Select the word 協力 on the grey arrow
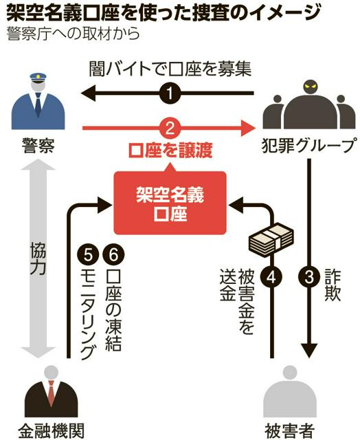click(x=39, y=258)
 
